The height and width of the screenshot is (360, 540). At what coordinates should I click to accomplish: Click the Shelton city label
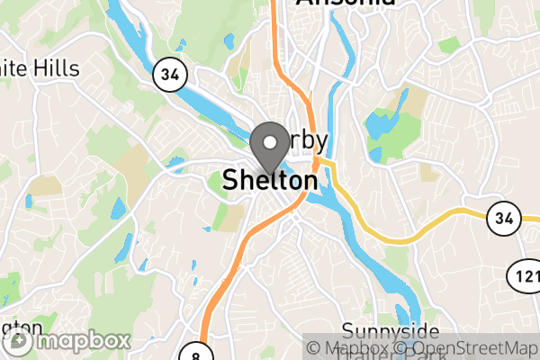pos(270,181)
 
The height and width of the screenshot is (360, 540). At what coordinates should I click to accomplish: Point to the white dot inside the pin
pos(269,141)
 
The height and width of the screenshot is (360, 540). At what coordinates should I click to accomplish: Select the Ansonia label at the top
pos(346,4)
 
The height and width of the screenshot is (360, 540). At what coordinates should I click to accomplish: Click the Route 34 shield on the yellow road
pos(502,216)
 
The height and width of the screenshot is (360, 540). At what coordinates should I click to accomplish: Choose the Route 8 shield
pos(195,353)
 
